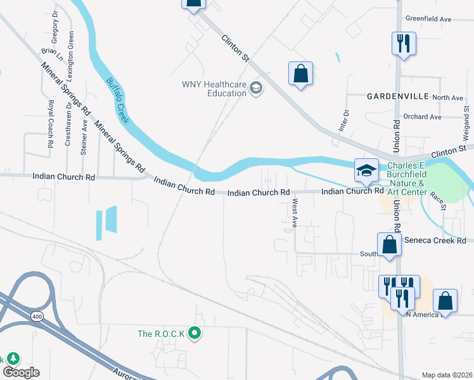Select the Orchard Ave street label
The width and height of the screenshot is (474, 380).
tap(422, 117)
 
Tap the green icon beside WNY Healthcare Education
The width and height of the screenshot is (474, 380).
tap(256, 88)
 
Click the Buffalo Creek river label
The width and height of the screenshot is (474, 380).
tap(118, 101)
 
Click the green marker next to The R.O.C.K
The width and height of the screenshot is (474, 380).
tap(195, 333)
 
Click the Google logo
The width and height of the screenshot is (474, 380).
tap(21, 372)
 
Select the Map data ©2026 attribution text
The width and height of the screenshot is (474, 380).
tap(446, 375)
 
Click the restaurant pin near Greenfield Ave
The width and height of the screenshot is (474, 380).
tap(403, 44)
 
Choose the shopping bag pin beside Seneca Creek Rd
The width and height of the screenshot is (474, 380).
tap(389, 245)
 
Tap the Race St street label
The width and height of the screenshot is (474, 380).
tap(439, 202)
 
